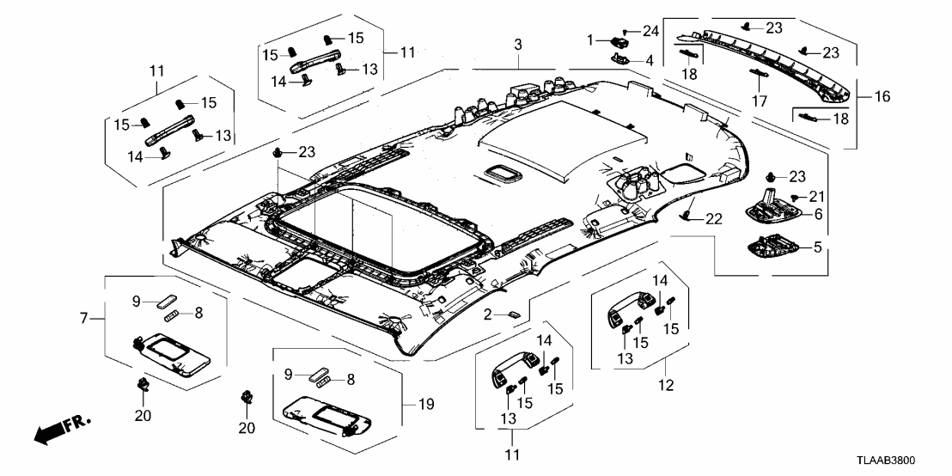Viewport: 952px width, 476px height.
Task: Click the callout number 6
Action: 818,213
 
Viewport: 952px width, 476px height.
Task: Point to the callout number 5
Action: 818,247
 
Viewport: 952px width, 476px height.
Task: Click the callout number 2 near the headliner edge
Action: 487,315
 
